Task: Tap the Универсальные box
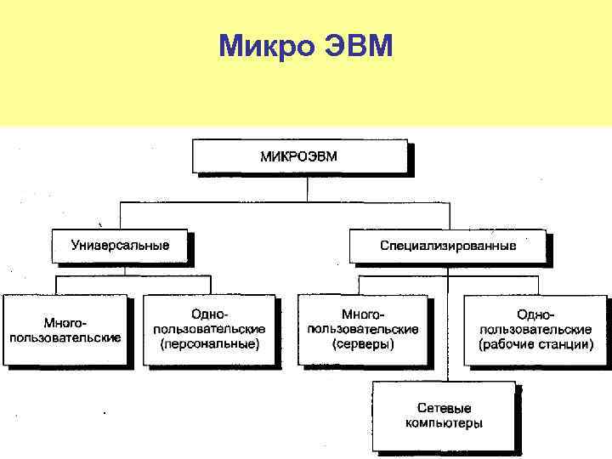point(121,246)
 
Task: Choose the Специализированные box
point(447,246)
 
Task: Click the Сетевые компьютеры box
point(444,416)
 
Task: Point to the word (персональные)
point(210,343)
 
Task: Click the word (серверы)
point(364,343)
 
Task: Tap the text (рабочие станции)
point(535,343)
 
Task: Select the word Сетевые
point(444,408)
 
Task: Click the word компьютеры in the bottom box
point(444,422)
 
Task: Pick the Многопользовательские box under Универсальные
point(65,330)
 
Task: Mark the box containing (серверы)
point(364,330)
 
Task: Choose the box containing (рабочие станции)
point(535,330)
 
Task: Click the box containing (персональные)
point(210,330)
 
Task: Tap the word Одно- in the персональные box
point(210,314)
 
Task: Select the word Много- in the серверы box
point(364,314)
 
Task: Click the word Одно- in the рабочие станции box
point(535,314)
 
